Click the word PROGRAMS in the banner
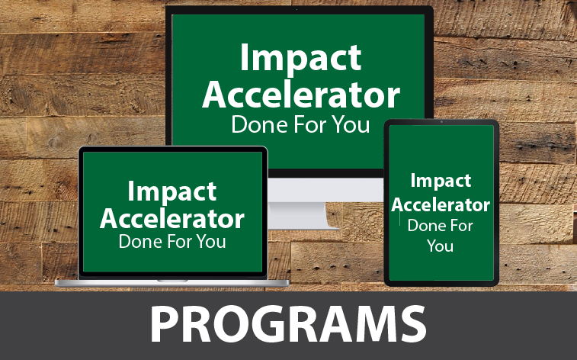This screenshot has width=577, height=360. click(x=288, y=324)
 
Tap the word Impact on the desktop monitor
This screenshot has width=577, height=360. click(x=301, y=58)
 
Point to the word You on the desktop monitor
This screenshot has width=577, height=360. click(x=351, y=124)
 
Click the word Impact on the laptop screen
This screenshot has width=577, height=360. click(x=172, y=191)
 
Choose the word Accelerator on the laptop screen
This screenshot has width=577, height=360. click(x=172, y=218)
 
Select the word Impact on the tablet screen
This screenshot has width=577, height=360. click(x=441, y=180)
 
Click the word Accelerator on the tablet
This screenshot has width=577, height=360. click(x=441, y=204)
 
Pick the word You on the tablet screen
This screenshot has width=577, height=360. click(x=440, y=246)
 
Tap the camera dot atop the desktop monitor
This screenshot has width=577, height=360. click(x=297, y=10)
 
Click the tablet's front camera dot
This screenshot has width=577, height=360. click(x=441, y=122)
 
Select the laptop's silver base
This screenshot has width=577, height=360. click(x=172, y=283)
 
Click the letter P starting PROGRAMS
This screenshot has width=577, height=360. click(x=163, y=324)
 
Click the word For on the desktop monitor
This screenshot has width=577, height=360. click(x=310, y=124)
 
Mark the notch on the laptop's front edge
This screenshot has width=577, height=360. click(x=172, y=281)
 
